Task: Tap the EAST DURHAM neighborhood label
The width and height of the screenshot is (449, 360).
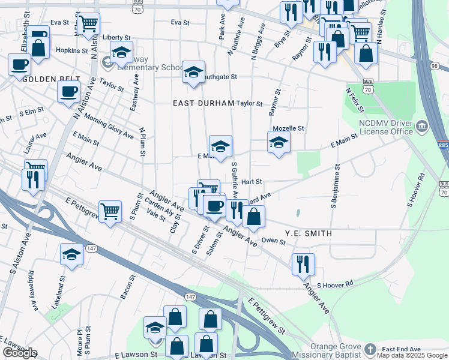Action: [203, 103]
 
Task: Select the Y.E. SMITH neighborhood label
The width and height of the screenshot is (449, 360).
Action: [308, 233]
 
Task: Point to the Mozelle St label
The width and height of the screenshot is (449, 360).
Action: [289, 128]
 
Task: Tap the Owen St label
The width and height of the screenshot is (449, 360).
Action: [273, 240]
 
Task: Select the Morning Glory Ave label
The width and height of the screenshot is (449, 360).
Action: [109, 126]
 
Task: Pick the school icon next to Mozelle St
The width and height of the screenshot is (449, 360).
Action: [279, 143]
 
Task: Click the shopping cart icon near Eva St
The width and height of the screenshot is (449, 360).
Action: [88, 23]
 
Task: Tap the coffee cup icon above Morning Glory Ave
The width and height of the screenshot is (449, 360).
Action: [68, 91]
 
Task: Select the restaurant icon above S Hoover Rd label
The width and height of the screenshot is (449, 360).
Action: [303, 263]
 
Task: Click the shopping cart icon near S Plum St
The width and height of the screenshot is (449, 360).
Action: [110, 211]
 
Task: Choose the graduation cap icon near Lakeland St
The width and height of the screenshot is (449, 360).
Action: [71, 254]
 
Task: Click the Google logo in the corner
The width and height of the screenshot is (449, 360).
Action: [20, 353]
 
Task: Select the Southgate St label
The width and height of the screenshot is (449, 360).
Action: [219, 77]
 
